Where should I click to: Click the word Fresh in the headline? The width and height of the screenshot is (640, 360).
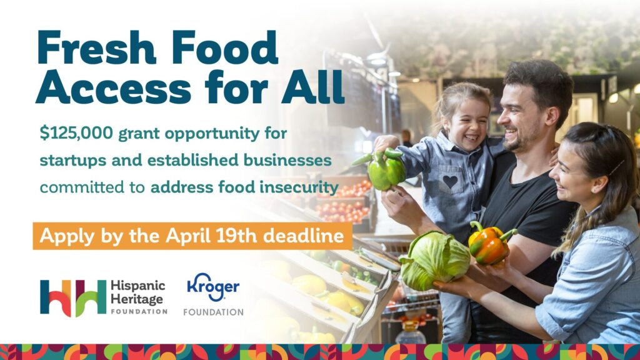click(x=97, y=47)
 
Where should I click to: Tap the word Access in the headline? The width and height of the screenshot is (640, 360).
click(x=114, y=87)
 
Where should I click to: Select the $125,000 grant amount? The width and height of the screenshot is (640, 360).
click(x=76, y=133)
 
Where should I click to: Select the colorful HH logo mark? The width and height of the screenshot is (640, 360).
click(x=73, y=298)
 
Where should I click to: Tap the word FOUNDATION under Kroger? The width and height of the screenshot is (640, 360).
click(x=213, y=312)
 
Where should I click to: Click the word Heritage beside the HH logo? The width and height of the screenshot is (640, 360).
click(x=137, y=299)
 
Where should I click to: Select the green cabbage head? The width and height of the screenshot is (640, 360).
click(x=434, y=260)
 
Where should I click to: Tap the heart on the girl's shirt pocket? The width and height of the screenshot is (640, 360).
click(x=450, y=181)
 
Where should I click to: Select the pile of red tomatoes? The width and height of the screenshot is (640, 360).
click(x=343, y=202)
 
